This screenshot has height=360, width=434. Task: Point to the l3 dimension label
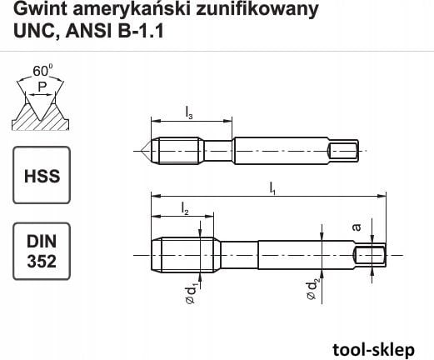[x=190, y=113]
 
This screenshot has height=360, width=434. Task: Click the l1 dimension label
[x=272, y=191]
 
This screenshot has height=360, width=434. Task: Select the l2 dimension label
[x=185, y=212]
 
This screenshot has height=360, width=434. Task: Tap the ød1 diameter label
[x=190, y=294]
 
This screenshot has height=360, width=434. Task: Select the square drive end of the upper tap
[x=343, y=151]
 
